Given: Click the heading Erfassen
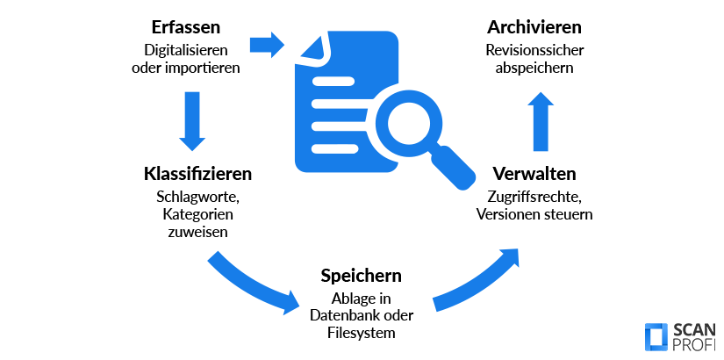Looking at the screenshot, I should coord(184,28).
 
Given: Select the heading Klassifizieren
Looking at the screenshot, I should coord(197,172).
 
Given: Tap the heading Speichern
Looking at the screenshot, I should coord(361,276).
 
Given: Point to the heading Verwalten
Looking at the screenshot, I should coord(534,172).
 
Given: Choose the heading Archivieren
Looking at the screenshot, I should coord(534,28).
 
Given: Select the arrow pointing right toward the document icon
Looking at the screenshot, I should coord(267,44).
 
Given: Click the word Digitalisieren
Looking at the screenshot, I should coord(184,50).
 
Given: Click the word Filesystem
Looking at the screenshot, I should coord(361,333).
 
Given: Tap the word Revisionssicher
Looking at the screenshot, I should coord(534,50).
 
